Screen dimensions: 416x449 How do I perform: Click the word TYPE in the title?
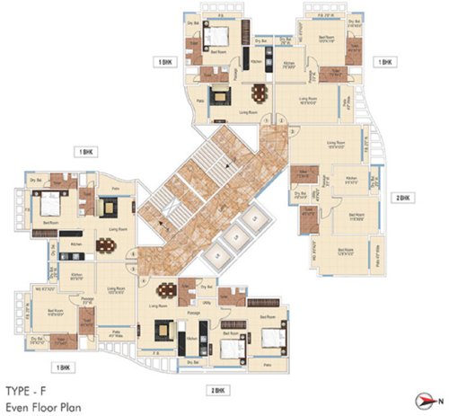[x=19, y=393]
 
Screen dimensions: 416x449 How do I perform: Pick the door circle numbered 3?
[x=294, y=131]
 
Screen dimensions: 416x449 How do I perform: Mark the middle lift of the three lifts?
[x=234, y=237]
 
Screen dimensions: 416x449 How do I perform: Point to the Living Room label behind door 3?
[x=336, y=143]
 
